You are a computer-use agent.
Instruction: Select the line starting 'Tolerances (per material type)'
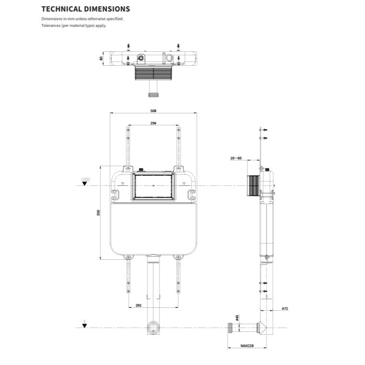coord(73,25)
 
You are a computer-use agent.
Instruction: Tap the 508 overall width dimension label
coord(153,110)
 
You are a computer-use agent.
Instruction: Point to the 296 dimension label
coord(153,123)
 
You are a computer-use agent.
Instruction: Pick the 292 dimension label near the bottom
coord(138,305)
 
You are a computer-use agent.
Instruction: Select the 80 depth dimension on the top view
coord(101,58)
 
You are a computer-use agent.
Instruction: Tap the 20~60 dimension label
coord(236,158)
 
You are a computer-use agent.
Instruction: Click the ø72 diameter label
coord(285,308)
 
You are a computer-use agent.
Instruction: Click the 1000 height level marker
coord(85,180)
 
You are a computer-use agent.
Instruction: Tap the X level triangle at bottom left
coord(85,325)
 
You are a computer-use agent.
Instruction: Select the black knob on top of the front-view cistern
coord(141,169)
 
